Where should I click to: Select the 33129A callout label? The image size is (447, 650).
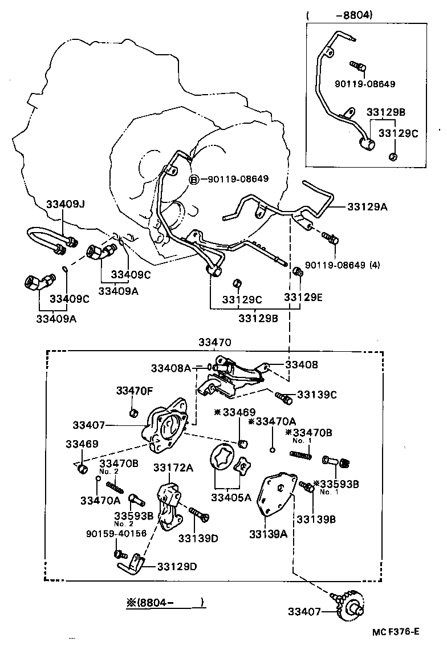point(367,206)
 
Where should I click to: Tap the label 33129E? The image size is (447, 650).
point(303,297)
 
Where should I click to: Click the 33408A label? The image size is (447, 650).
point(171,368)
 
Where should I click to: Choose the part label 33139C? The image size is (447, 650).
point(317,394)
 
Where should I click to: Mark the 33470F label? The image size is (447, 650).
point(135,391)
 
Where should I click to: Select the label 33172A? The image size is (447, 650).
point(173,468)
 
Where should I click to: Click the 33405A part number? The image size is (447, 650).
point(231,497)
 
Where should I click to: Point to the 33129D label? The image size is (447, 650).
point(177,566)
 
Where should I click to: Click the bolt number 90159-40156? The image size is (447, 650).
point(116,534)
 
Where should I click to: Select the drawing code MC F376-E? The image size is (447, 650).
point(396,631)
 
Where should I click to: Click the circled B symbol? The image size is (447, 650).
point(194,179)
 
